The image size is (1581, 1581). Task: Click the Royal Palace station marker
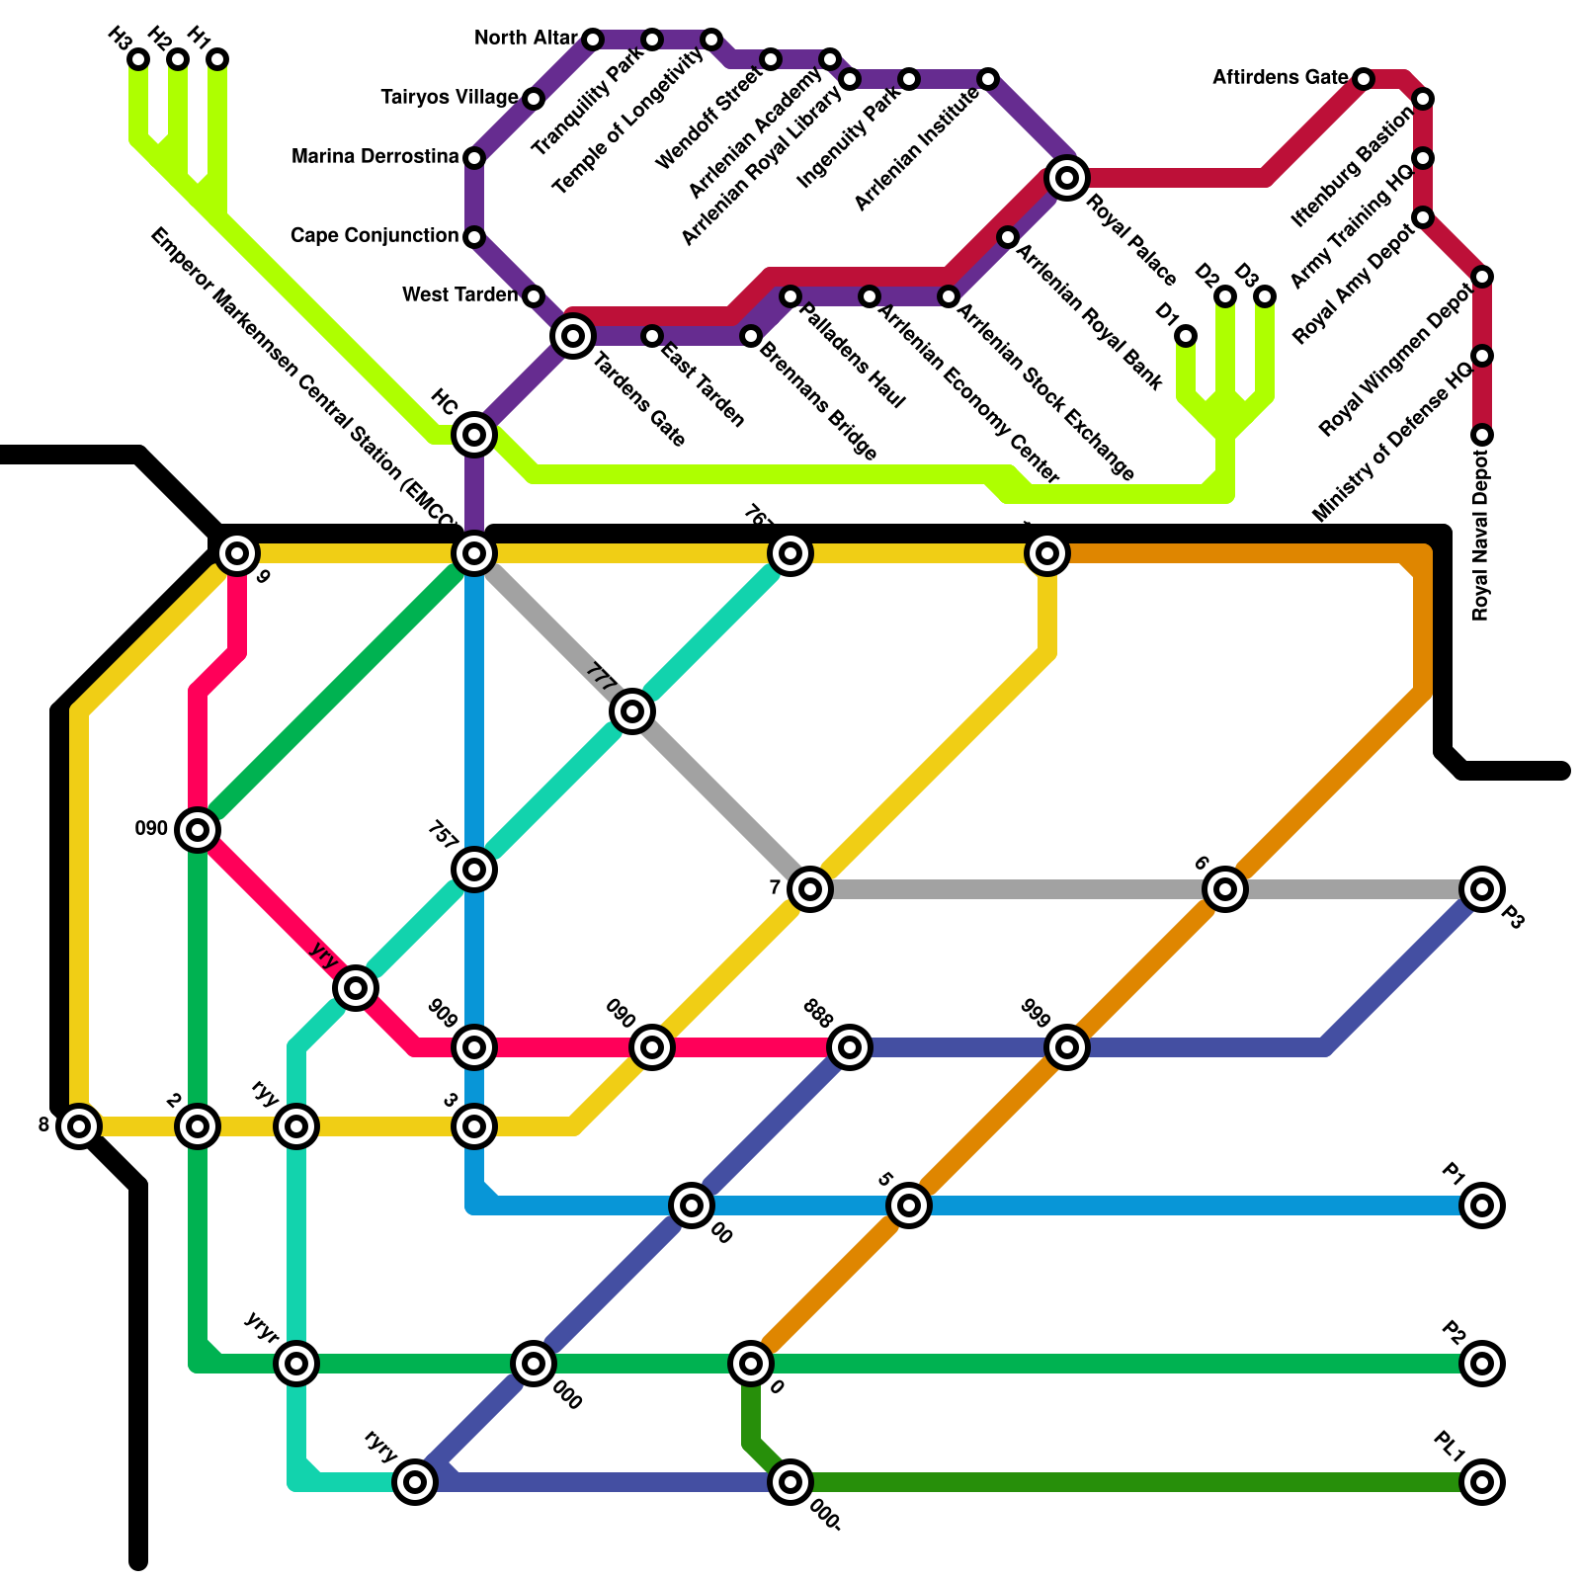click(1067, 178)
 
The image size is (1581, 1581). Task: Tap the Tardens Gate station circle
click(573, 336)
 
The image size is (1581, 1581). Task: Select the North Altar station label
click(526, 39)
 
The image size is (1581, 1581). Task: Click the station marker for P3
click(1482, 889)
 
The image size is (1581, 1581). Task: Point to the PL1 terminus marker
click(1482, 1482)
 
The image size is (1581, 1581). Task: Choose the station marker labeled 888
click(850, 1047)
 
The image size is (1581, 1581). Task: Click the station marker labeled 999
click(1067, 1047)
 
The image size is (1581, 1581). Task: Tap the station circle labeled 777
click(632, 711)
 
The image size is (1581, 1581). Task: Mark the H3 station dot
click(138, 59)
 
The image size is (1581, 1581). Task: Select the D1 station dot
click(1186, 336)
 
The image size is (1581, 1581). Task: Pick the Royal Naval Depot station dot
click(1482, 435)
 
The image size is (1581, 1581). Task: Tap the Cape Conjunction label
click(374, 236)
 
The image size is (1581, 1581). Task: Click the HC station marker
click(474, 435)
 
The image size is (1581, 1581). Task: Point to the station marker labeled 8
click(79, 1126)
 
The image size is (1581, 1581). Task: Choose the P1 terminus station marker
click(1482, 1206)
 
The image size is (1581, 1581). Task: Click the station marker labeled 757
click(474, 870)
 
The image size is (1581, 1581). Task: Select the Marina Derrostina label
click(375, 157)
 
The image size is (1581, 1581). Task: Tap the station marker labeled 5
click(909, 1206)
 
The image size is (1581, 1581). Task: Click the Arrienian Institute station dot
click(988, 79)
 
